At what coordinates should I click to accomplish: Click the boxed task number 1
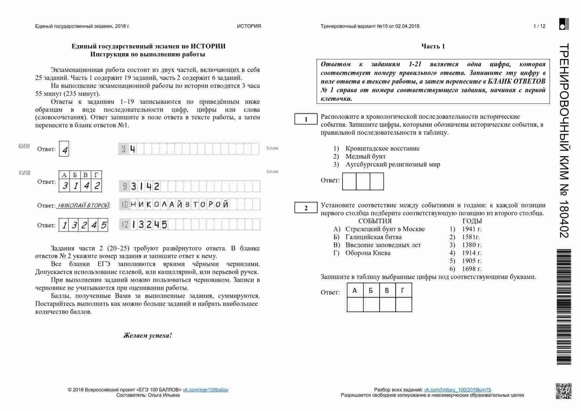pyautogui.click(x=306, y=119)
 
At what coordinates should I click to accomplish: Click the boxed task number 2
pyautogui.click(x=306, y=208)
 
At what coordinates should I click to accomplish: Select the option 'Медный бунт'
pyautogui.click(x=365, y=156)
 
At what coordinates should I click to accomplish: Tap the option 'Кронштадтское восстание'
pyautogui.click(x=382, y=148)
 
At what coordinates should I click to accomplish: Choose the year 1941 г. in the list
pyautogui.click(x=472, y=229)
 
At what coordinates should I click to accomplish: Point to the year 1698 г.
pyautogui.click(x=472, y=269)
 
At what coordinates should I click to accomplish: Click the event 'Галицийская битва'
pyautogui.click(x=373, y=237)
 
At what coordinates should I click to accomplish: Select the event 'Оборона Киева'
pyautogui.click(x=368, y=253)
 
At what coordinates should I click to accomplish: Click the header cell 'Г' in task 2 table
pyautogui.click(x=403, y=291)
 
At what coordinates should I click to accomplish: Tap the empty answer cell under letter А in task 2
pyautogui.click(x=355, y=305)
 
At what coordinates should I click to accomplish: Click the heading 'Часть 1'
pyautogui.click(x=433, y=46)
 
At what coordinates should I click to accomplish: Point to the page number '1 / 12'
pyautogui.click(x=539, y=26)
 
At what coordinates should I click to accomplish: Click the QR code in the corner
pyautogui.click(x=563, y=391)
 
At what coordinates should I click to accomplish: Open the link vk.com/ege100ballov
pyautogui.click(x=205, y=390)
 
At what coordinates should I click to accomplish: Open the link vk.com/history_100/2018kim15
pyautogui.click(x=457, y=390)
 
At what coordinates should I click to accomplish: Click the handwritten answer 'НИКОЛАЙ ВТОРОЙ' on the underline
pyautogui.click(x=83, y=206)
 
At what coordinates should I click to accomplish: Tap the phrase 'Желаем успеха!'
pyautogui.click(x=147, y=335)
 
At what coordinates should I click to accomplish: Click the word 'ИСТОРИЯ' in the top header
pyautogui.click(x=249, y=26)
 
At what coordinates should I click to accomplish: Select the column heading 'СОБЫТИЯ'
pyautogui.click(x=375, y=221)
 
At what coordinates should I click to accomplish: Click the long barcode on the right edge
pyautogui.click(x=563, y=307)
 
